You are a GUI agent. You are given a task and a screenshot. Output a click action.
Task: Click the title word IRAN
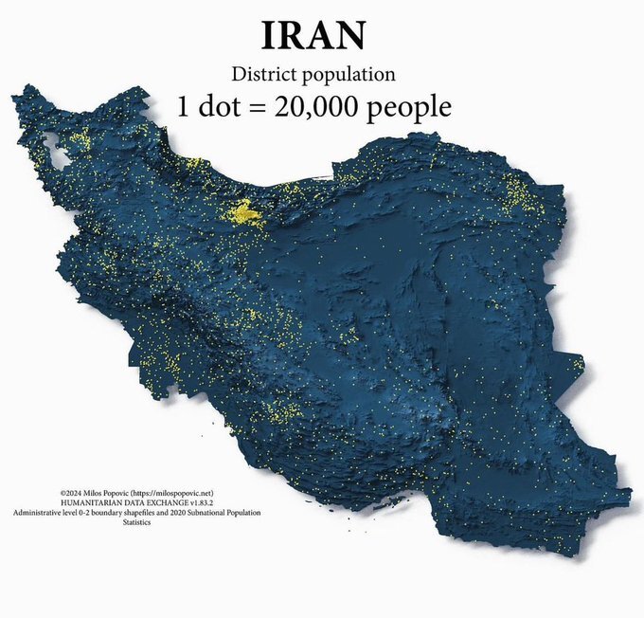tap(313, 36)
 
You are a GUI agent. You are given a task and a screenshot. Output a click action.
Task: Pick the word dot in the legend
tap(220, 106)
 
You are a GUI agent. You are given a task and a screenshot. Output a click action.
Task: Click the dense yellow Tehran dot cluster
tap(248, 214)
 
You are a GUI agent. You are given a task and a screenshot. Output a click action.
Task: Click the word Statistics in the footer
tap(136, 521)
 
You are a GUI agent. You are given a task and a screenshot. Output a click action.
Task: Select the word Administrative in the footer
tap(41, 512)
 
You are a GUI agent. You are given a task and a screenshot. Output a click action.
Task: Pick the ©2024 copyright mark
tap(70, 494)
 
